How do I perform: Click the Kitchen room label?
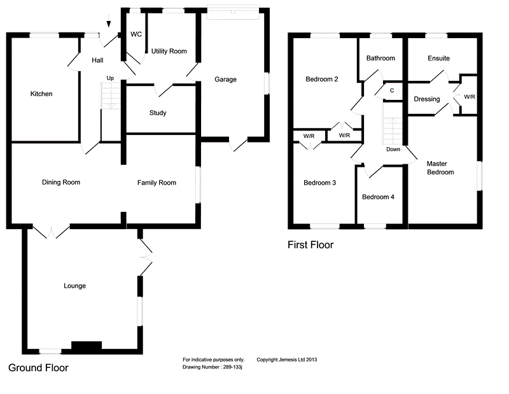pyautogui.click(x=41, y=94)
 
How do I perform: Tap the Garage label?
pyautogui.click(x=225, y=80)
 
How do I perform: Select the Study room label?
pyautogui.click(x=158, y=113)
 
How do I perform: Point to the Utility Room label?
pyautogui.click(x=169, y=51)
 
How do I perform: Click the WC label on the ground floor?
pyautogui.click(x=136, y=34)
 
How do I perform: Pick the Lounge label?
pyautogui.click(x=75, y=286)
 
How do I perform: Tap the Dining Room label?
pyautogui.click(x=61, y=183)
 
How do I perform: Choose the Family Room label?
pyautogui.click(x=157, y=183)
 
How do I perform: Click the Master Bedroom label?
pyautogui.click(x=440, y=168)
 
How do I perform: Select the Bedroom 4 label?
pyautogui.click(x=379, y=197)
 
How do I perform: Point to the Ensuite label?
pyautogui.click(x=438, y=59)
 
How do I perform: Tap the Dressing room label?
pyautogui.click(x=426, y=99)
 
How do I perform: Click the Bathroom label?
pyautogui.click(x=380, y=59)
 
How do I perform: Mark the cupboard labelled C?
pyautogui.click(x=392, y=90)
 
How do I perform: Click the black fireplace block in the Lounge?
pyautogui.click(x=87, y=346)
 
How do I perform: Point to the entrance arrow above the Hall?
pyautogui.click(x=109, y=24)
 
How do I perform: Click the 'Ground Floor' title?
pyautogui.click(x=38, y=368)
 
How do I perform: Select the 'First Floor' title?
pyautogui.click(x=310, y=244)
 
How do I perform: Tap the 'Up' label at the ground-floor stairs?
pyautogui.click(x=110, y=78)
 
